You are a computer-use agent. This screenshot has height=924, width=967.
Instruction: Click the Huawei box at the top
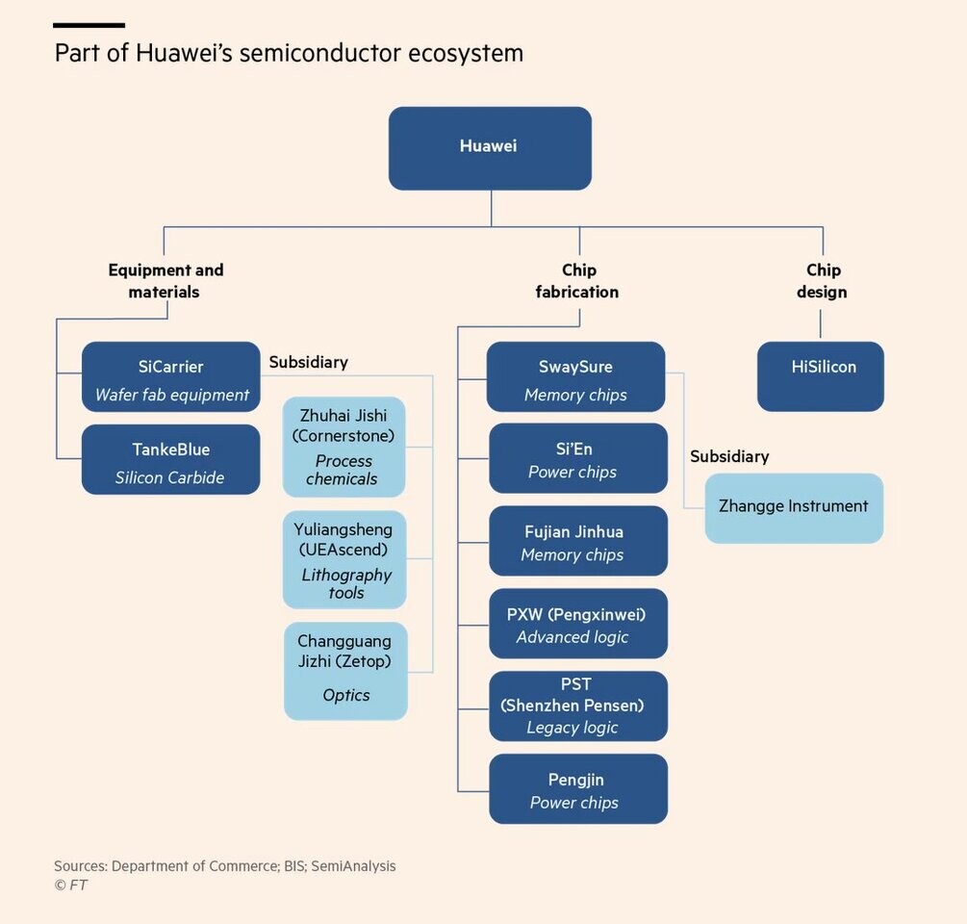coord(490,148)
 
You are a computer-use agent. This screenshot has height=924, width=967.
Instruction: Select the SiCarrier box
coord(171,376)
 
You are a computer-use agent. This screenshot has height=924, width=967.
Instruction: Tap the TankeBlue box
coord(171,459)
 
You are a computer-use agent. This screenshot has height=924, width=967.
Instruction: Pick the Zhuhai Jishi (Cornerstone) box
coord(344,447)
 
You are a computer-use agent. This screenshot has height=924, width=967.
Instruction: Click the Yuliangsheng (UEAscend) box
coord(344,559)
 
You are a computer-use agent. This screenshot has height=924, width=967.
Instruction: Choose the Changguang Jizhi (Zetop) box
coord(345,671)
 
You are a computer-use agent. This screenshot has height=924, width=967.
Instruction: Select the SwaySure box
coord(575,376)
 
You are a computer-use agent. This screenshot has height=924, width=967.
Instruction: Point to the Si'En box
coord(578,458)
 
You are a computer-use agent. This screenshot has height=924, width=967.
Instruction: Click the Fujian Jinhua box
coord(578,541)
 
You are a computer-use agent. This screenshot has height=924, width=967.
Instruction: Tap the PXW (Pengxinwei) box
coord(578,624)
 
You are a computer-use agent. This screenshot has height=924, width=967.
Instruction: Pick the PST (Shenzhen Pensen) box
coord(578,706)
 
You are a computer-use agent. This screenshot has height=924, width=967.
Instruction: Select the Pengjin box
coord(578,789)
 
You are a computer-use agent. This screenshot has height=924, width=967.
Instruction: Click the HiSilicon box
coord(820,376)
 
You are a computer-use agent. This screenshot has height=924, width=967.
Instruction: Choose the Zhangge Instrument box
coord(794,508)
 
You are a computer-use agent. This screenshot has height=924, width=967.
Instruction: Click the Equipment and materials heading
coord(165,281)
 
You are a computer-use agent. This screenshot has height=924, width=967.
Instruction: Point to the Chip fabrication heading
coord(577,281)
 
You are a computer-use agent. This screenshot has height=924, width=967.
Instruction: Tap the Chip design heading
coord(822,281)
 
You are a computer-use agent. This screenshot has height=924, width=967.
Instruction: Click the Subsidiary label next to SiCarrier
coord(308,362)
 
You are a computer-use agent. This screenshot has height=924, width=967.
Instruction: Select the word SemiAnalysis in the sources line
coord(353,866)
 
